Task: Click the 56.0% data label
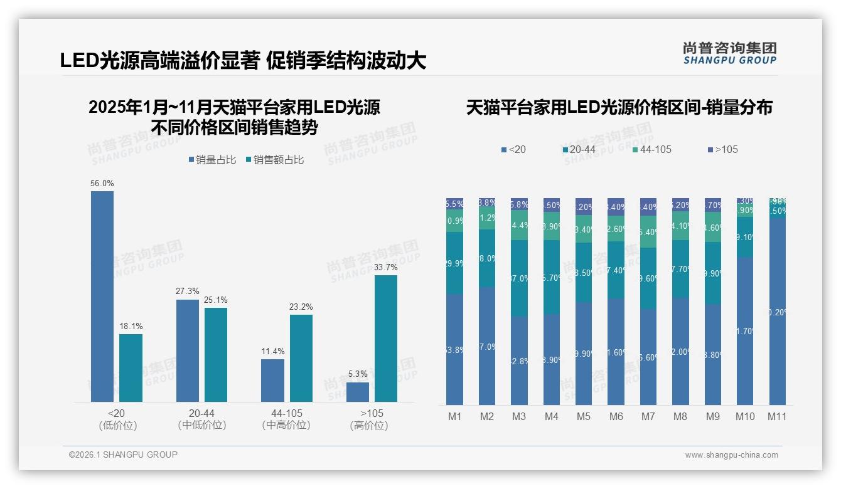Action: click(102, 183)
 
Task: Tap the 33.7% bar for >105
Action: click(386, 338)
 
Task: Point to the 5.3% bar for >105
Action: click(358, 392)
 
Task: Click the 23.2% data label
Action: click(301, 307)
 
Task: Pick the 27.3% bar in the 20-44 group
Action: click(188, 350)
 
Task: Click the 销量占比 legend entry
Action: click(212, 160)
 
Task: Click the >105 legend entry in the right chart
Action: click(723, 149)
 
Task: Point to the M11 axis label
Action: click(777, 416)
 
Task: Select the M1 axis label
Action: click(455, 416)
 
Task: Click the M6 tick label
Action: click(616, 416)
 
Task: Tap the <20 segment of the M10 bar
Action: click(745, 330)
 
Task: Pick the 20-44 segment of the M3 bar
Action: click(519, 278)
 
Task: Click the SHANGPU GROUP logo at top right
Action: click(730, 53)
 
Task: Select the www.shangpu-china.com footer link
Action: click(731, 455)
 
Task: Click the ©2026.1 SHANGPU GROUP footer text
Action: click(123, 455)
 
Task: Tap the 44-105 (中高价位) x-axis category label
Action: click(287, 419)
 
